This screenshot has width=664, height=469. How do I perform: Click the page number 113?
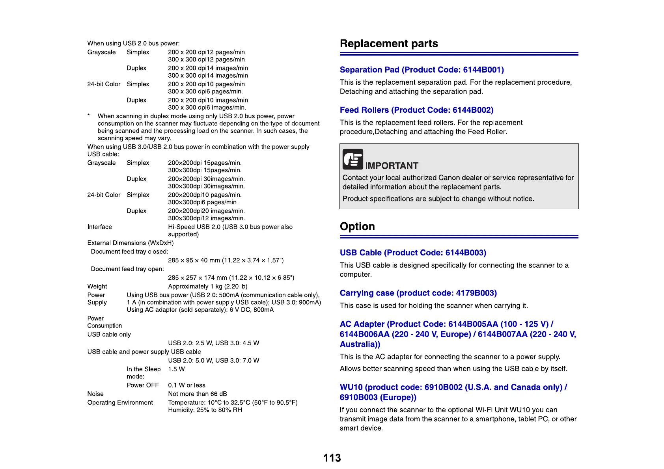(x=332, y=458)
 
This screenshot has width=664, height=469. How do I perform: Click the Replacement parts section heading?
(x=389, y=43)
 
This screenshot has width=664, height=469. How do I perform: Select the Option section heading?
(x=357, y=226)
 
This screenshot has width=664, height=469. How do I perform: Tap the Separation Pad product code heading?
(x=422, y=70)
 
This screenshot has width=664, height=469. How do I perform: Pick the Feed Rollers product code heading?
(x=416, y=110)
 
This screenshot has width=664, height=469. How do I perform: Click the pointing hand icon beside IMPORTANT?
(x=353, y=159)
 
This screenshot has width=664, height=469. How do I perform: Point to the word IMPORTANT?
(x=392, y=166)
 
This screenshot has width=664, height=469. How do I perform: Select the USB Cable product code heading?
(x=413, y=253)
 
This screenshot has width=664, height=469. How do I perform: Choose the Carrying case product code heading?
(x=418, y=293)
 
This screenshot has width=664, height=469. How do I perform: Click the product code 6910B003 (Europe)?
(x=378, y=397)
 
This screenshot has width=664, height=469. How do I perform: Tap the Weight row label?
(x=97, y=287)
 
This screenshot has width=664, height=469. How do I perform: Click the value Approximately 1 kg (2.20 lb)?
(x=207, y=287)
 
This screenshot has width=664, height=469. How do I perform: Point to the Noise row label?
(x=95, y=394)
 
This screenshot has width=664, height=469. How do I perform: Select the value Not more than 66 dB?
(x=197, y=394)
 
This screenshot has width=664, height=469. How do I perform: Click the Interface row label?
(x=99, y=227)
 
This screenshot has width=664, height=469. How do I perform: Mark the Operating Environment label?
(x=120, y=402)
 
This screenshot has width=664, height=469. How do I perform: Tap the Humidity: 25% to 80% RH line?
(x=205, y=410)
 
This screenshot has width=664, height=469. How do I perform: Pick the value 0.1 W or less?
(x=187, y=385)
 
